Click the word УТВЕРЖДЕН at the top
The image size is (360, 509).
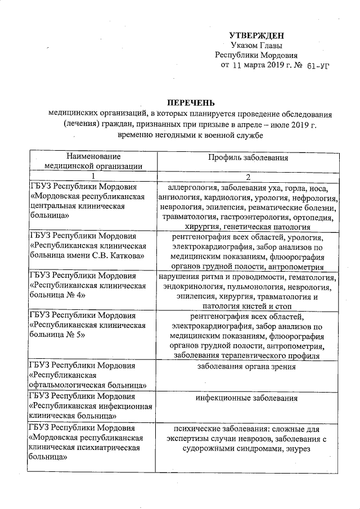click(256, 35)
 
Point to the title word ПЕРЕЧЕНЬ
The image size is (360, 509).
click(190, 102)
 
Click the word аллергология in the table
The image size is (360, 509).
click(192, 187)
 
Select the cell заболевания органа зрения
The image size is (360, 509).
click(246, 367)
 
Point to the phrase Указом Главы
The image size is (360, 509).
click(256, 45)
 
